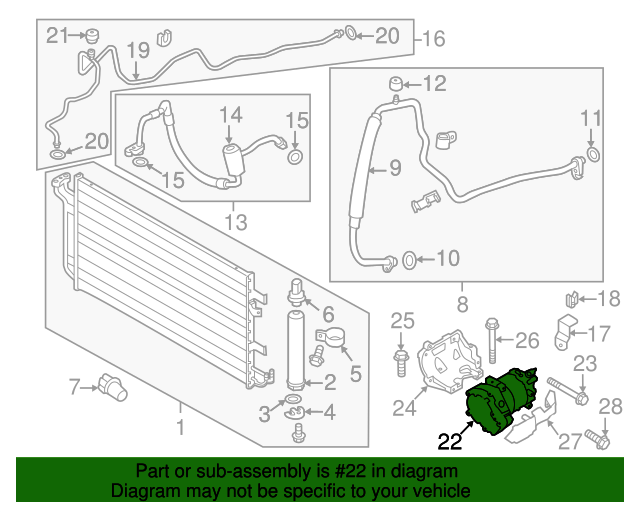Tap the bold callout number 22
coord(450,441)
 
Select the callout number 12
coord(434,84)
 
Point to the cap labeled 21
coord(93,36)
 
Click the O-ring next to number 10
coord(409,260)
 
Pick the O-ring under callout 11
coord(593,154)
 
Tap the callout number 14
coord(231,115)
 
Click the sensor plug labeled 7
coord(113,387)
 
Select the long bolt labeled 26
coord(492,341)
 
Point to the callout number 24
coord(404,407)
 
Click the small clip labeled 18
coord(572,300)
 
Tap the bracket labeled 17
coord(564,332)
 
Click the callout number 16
coord(433,39)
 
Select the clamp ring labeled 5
coord(331,338)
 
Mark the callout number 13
coord(236,223)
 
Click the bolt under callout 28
coord(598,439)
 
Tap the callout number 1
coord(180,427)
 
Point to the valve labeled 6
coord(298,293)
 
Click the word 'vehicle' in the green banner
coord(442,491)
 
